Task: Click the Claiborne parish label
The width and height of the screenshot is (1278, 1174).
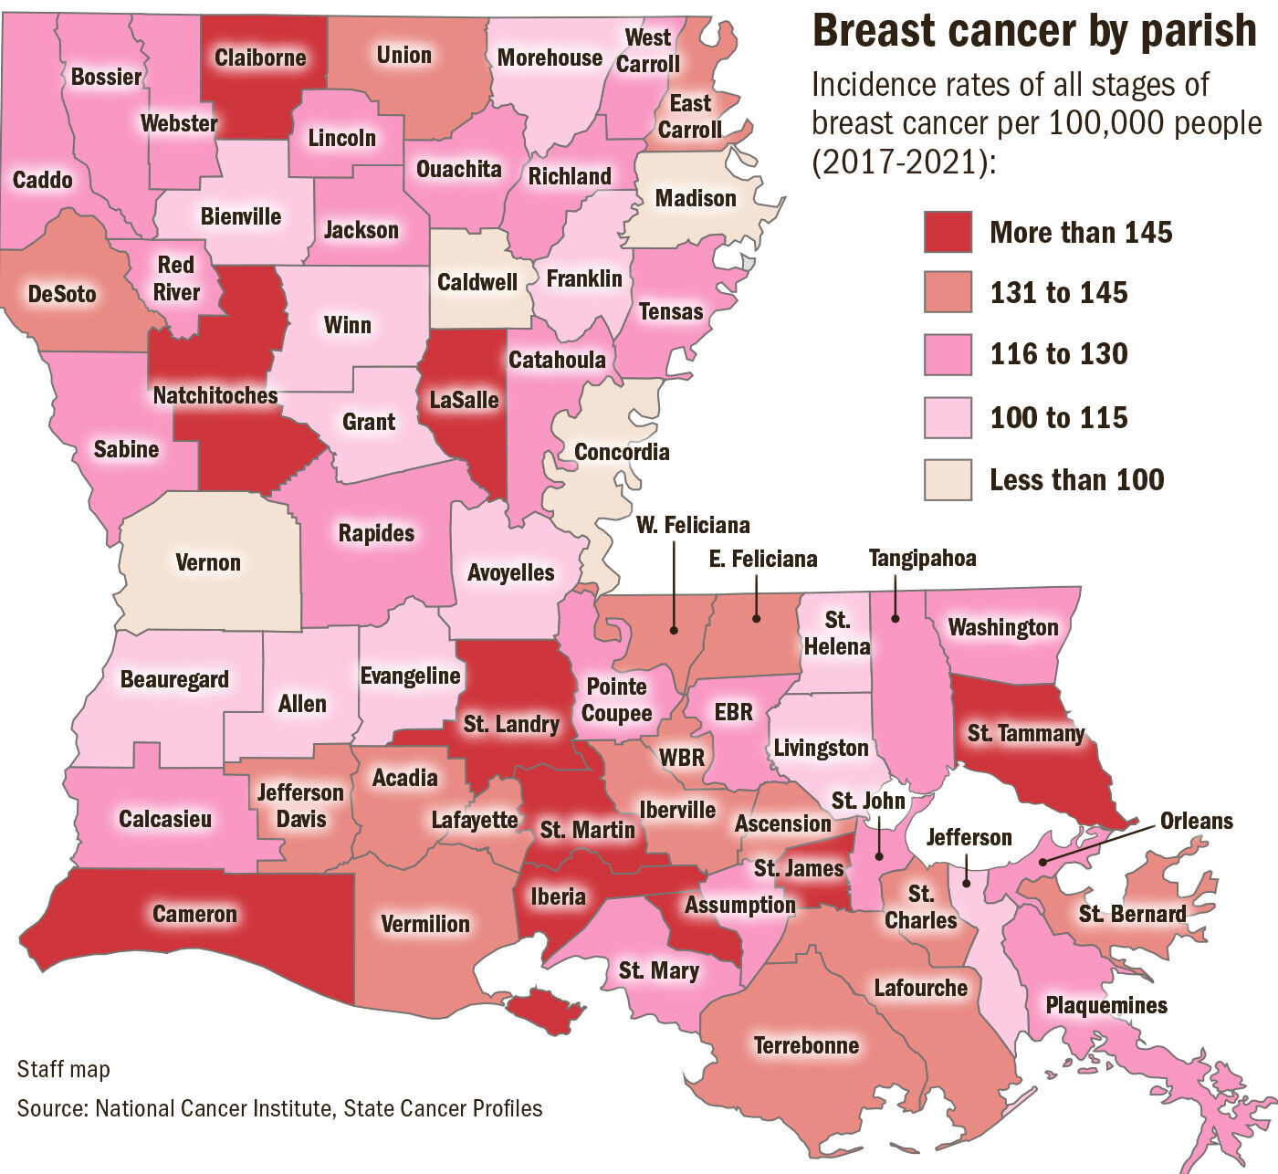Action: click(x=260, y=58)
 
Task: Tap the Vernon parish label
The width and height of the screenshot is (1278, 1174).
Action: click(x=208, y=562)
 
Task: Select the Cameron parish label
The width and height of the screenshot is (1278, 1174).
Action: click(x=194, y=914)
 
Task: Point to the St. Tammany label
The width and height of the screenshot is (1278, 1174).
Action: click(x=1025, y=732)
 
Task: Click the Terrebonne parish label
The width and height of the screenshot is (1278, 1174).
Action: click(x=806, y=1044)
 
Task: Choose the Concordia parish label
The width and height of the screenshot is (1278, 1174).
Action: click(x=622, y=452)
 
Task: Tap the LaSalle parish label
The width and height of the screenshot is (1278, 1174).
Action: click(x=465, y=399)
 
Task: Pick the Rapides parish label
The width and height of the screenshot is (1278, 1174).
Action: click(x=376, y=532)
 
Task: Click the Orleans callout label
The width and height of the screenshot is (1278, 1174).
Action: click(x=1196, y=821)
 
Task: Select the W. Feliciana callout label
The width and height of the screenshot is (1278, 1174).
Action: click(x=693, y=525)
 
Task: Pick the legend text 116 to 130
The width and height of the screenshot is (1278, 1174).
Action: click(x=1059, y=354)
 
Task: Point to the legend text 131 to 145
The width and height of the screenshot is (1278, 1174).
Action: click(x=1059, y=293)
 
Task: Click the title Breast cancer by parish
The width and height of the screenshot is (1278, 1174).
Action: click(x=1034, y=31)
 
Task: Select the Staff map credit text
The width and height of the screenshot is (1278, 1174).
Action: click(x=63, y=1069)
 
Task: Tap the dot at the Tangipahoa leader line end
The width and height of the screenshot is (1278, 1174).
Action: click(x=895, y=618)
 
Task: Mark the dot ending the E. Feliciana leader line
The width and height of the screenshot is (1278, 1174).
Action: click(x=757, y=618)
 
